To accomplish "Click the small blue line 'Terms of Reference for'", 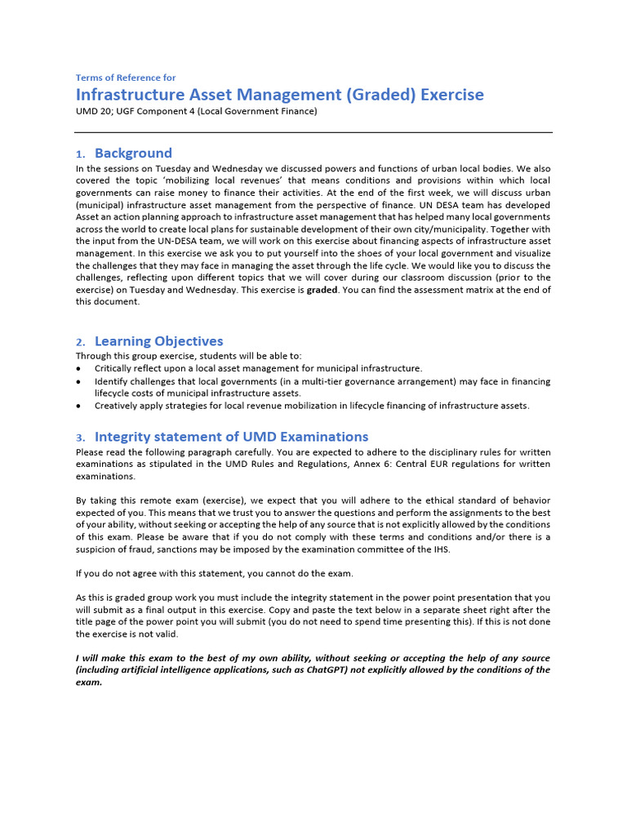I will click(126, 78).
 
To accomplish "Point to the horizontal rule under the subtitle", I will click(313, 132).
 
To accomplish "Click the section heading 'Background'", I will click(133, 153).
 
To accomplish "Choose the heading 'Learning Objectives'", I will click(158, 341).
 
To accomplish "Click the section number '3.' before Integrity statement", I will click(80, 438).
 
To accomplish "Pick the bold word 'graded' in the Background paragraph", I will click(321, 290).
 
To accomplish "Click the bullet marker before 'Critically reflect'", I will click(78, 369).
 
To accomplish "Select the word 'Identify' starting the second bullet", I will click(111, 381).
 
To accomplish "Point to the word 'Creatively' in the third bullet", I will click(117, 406).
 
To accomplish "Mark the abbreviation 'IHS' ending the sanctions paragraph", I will click(439, 549).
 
